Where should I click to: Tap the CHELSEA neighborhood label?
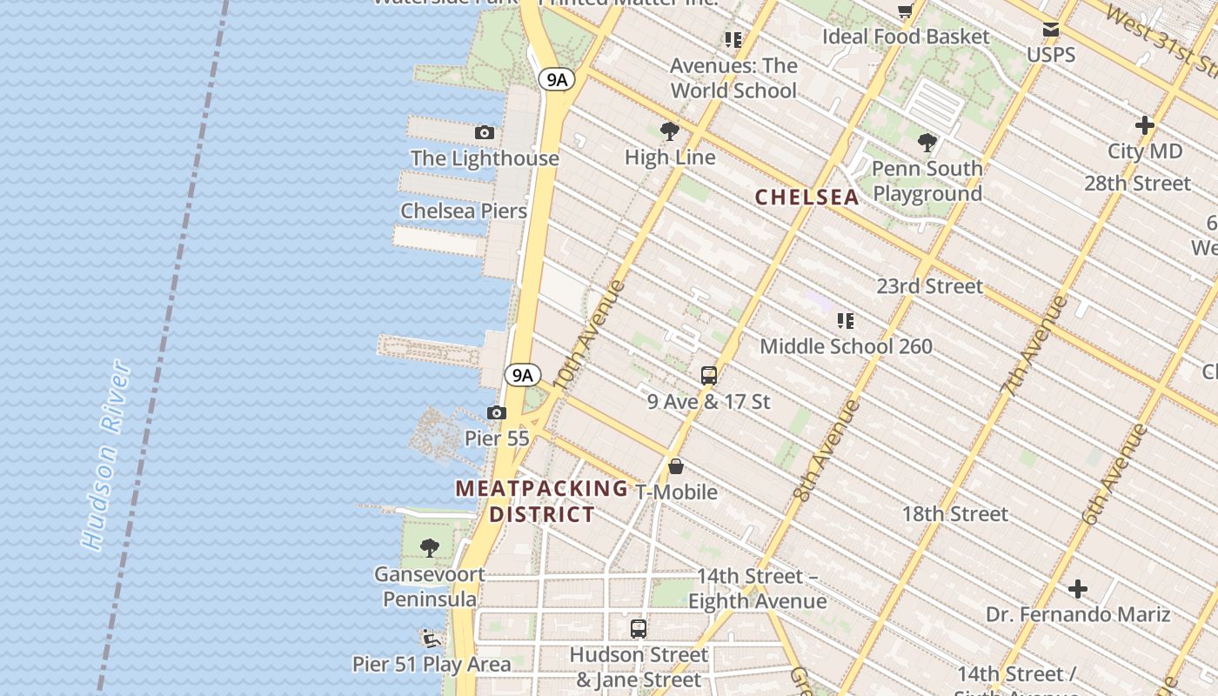[x=806, y=197]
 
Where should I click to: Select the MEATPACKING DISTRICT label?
[x=541, y=501]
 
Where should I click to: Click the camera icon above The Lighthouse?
[x=485, y=132]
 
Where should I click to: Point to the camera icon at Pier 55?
[x=496, y=412]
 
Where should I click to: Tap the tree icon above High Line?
[x=669, y=131]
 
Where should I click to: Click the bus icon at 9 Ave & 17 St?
[x=709, y=376]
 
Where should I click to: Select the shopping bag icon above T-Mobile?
[x=676, y=466]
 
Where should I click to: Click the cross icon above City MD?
[x=1144, y=125]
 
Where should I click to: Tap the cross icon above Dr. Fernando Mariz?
[x=1078, y=589]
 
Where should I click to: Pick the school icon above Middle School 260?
[x=845, y=320]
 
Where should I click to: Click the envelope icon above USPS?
[x=1051, y=30]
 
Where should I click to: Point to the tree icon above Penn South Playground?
[x=927, y=142]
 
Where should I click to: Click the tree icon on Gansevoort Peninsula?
[x=429, y=547]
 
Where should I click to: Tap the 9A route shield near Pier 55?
[x=522, y=375]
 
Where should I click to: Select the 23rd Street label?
[x=929, y=286]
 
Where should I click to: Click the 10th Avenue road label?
[x=588, y=335]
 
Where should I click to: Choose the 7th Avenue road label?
[x=1034, y=345]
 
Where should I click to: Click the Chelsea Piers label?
[x=464, y=211]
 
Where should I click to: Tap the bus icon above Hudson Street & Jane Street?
[x=639, y=628]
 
